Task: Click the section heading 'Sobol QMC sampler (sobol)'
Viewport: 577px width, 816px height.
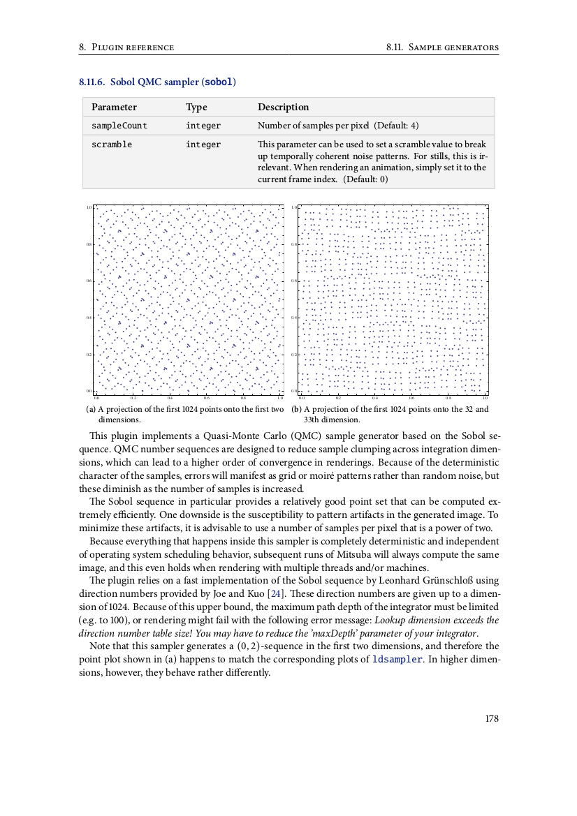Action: [x=157, y=82]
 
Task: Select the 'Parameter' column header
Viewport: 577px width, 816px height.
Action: [x=114, y=107]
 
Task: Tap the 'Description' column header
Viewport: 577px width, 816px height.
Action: [x=283, y=107]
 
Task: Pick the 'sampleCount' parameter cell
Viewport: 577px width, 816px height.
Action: [x=119, y=126]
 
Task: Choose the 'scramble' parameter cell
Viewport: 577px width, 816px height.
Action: [x=112, y=144]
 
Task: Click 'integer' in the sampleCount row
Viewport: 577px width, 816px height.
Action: [x=203, y=126]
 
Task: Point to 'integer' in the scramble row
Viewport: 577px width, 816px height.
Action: [x=203, y=144]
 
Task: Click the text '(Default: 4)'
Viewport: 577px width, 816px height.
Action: [x=396, y=126]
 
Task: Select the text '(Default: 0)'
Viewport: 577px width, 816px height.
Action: [x=365, y=179]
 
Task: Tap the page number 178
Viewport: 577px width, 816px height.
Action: [x=492, y=718]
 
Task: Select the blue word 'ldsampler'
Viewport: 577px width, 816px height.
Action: [x=397, y=660]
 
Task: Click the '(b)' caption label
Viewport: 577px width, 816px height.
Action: [x=296, y=409]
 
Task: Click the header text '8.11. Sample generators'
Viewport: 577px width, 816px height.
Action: [x=442, y=47]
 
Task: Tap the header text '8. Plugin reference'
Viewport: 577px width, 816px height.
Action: [x=126, y=47]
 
